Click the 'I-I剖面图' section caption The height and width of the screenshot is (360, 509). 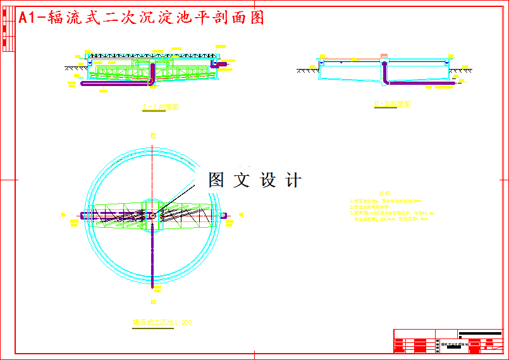coord(161,108)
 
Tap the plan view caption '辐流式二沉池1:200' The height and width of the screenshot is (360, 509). coord(162,323)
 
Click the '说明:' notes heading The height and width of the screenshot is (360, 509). coord(384,193)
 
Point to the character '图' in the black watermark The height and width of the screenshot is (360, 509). coord(217,180)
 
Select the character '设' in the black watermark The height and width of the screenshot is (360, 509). coord(268,180)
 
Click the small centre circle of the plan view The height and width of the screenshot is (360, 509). coord(152,215)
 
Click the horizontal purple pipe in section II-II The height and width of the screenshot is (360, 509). coord(417,82)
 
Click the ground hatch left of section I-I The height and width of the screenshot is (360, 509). coord(75,67)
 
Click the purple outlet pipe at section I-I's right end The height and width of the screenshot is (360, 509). coord(220,64)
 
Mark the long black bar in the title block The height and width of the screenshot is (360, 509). coord(480,332)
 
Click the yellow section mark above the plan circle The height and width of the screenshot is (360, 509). coord(152,135)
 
